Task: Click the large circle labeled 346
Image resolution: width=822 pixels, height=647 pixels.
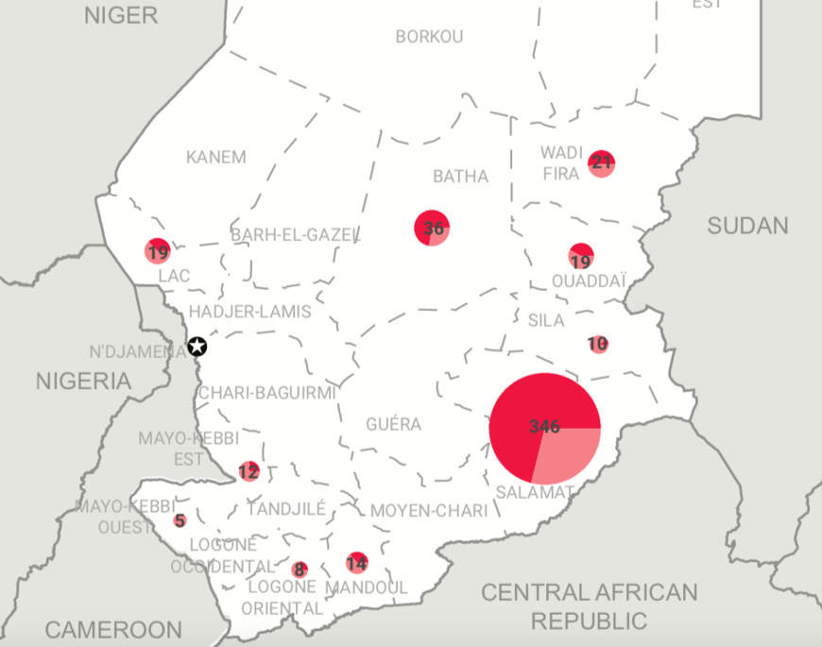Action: (545, 427)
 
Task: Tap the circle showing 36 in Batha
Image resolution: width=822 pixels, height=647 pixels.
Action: (432, 228)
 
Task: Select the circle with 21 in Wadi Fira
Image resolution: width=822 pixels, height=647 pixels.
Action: (601, 162)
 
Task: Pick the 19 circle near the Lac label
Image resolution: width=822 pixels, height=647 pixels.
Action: (158, 251)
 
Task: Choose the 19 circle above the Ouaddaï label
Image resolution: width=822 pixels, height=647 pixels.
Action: (581, 256)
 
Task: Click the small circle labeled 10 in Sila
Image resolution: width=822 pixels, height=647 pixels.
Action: (597, 345)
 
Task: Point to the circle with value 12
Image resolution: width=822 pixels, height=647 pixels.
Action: (248, 471)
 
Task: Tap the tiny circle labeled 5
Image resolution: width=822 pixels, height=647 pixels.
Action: (180, 520)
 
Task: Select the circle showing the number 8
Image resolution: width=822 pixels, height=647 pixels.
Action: (300, 570)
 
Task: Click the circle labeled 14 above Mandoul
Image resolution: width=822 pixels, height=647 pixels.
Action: (356, 563)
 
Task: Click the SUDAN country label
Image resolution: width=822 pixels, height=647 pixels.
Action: (747, 225)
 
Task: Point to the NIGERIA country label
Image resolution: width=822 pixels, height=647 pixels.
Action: (83, 382)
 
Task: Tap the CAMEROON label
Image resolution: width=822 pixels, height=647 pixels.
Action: (113, 629)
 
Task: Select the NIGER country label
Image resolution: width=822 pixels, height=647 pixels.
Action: (122, 14)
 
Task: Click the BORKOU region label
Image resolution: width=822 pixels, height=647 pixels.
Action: (430, 37)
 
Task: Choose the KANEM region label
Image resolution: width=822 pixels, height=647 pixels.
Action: (215, 157)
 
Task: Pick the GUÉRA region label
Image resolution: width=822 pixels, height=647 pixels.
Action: (394, 424)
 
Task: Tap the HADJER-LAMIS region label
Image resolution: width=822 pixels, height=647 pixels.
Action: (249, 311)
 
